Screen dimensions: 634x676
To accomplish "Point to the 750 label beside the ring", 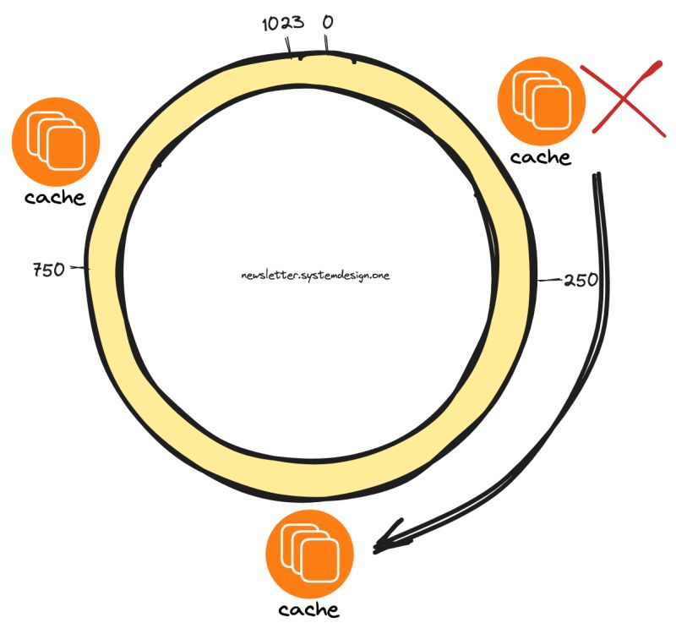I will click(x=49, y=271).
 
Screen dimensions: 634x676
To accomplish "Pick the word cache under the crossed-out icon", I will click(x=541, y=157).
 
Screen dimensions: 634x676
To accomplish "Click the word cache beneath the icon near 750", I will click(x=55, y=198).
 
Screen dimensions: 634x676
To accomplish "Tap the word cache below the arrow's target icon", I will click(x=309, y=610).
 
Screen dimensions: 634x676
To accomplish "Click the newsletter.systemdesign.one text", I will click(x=314, y=276).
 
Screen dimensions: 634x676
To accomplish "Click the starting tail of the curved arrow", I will click(x=597, y=178).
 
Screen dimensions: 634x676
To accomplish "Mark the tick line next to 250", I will click(x=549, y=279).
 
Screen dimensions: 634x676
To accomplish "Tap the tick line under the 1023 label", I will click(x=291, y=47).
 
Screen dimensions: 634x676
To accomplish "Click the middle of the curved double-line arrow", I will click(x=575, y=406).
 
